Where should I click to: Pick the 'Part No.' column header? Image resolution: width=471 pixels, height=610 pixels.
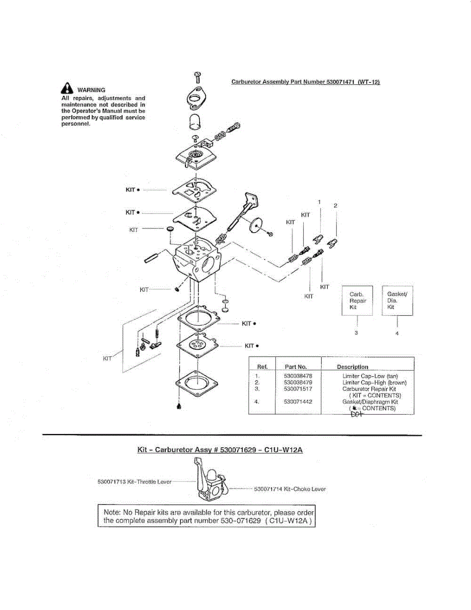(295, 367)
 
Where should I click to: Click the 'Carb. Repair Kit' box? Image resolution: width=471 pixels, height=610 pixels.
(358, 301)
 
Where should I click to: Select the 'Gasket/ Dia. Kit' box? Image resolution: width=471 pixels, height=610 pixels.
(397, 300)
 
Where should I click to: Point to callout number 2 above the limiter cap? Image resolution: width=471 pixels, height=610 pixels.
(335, 206)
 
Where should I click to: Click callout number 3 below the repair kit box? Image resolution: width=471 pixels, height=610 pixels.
(357, 333)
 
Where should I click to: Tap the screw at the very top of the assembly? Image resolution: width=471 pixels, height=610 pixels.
(197, 77)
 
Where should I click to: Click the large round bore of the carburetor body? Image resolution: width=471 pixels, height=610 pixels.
(209, 263)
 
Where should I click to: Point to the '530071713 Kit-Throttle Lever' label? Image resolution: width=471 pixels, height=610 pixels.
(134, 481)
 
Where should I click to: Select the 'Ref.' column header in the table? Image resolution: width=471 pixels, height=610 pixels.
(263, 367)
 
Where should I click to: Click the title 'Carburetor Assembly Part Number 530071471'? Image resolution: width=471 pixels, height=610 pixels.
(305, 81)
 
